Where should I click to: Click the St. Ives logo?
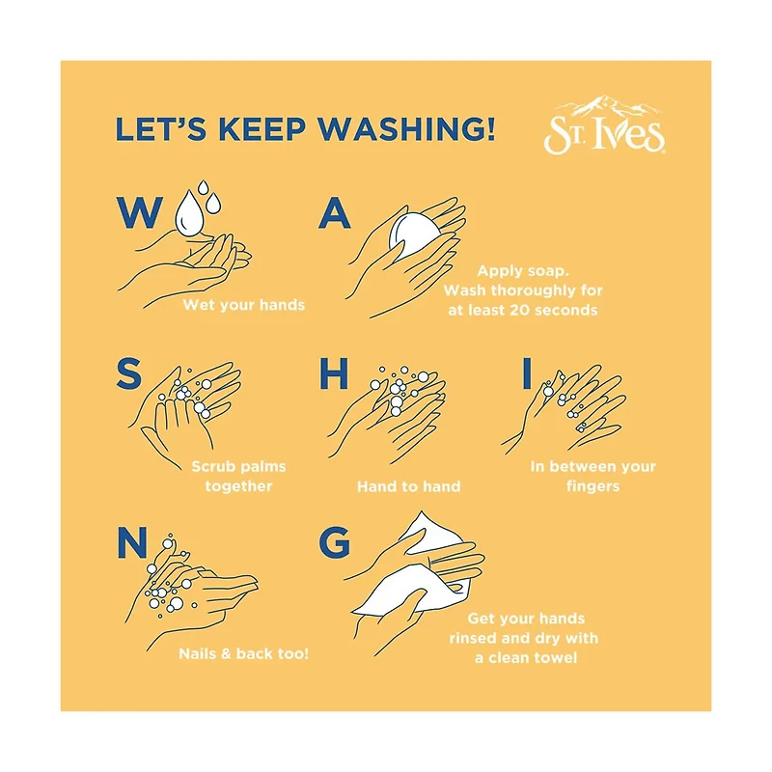tap(605, 125)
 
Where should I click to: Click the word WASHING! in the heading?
tap(406, 129)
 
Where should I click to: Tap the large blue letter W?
tap(140, 212)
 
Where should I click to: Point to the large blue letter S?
tap(129, 374)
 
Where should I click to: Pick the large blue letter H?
tap(334, 373)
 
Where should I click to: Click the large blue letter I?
tap(527, 373)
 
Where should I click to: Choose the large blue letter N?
tap(132, 542)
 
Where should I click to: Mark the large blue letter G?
tap(334, 542)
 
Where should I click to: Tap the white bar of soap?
tap(414, 234)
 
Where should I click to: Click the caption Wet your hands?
tap(244, 305)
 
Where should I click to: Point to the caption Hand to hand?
tap(408, 487)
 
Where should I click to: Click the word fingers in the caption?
tap(593, 487)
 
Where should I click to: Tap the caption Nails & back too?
tap(244, 654)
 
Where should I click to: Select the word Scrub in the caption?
tap(212, 466)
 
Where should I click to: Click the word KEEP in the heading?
tap(262, 129)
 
